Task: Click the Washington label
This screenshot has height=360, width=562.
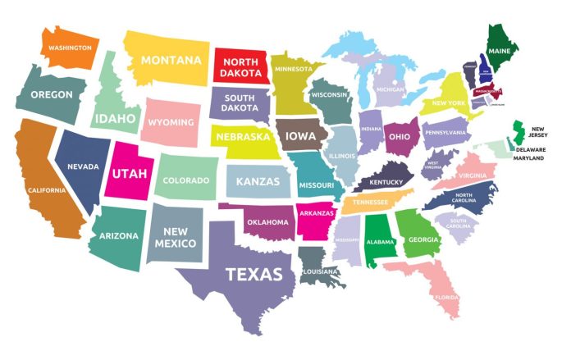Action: click(x=69, y=48)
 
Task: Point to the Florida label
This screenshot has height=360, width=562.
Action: click(x=446, y=297)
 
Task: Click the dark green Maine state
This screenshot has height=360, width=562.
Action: click(x=500, y=49)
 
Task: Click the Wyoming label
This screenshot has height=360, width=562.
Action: click(x=171, y=122)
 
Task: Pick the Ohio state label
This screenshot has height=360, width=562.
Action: click(x=400, y=136)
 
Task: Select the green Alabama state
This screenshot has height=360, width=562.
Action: click(x=380, y=242)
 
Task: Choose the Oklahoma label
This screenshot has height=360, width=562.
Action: click(x=268, y=222)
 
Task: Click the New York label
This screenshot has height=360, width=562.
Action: click(x=449, y=103)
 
